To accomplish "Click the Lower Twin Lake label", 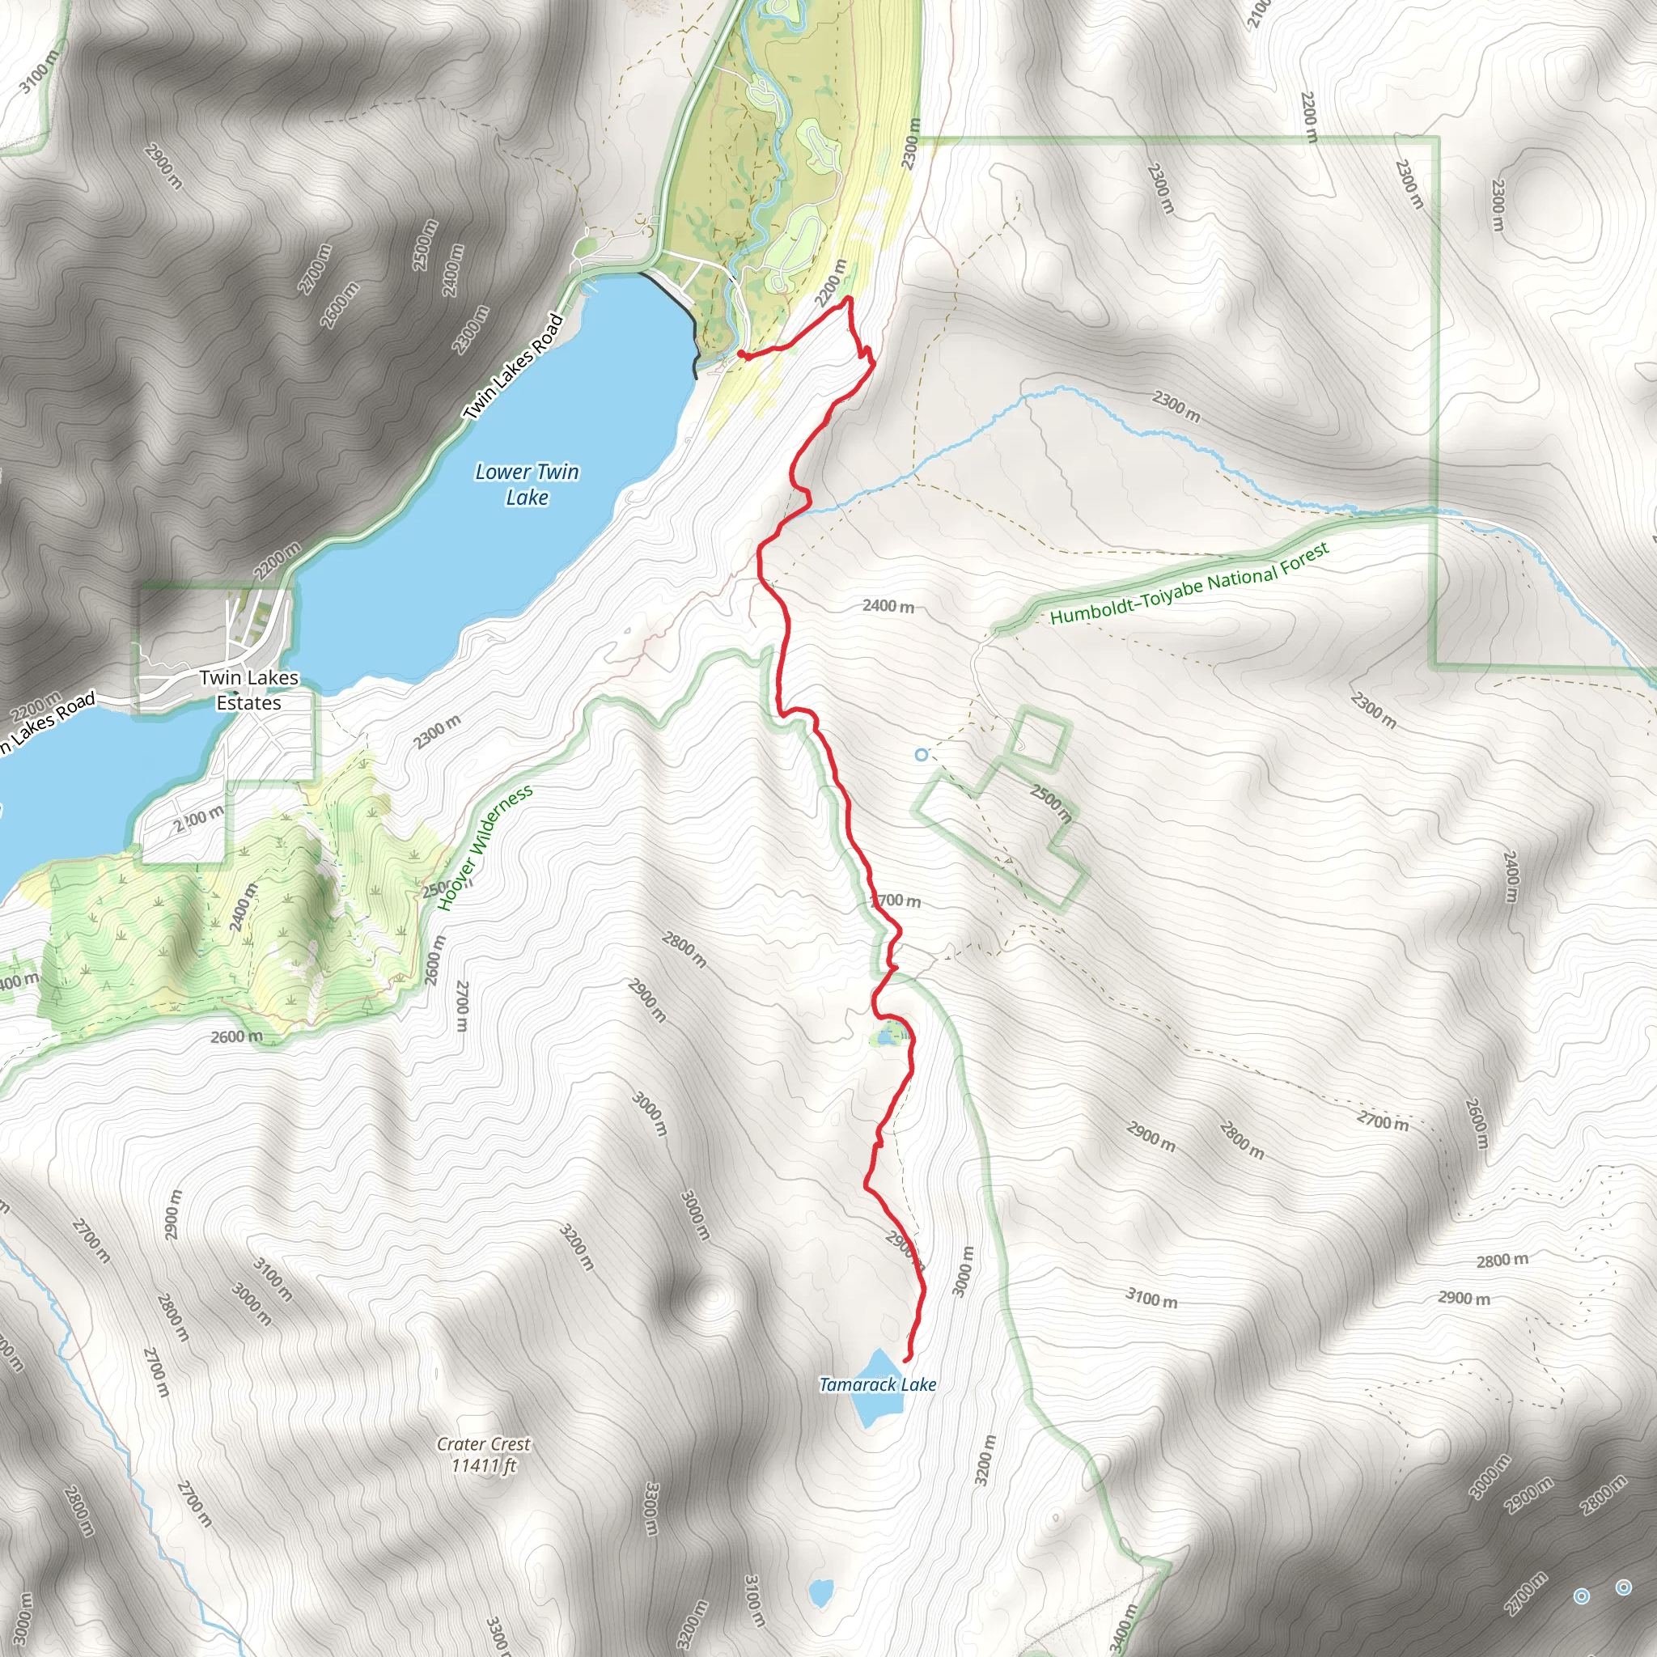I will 527,484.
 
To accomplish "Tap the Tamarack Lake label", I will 877,1384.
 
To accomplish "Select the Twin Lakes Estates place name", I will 248,689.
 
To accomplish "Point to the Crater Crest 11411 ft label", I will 484,1455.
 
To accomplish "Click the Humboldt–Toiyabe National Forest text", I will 1189,583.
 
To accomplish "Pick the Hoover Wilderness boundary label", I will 485,846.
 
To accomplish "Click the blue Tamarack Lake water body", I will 877,1406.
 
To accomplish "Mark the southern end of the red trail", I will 906,1360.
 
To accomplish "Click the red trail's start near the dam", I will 740,353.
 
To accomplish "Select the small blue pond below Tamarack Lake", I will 820,1592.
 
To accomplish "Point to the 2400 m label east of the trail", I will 888,606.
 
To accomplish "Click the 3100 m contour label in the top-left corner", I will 40,71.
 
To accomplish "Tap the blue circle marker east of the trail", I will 921,755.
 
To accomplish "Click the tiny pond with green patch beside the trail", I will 884,1038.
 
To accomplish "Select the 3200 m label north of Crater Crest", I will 576,1247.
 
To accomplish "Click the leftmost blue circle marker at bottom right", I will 1582,1596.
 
